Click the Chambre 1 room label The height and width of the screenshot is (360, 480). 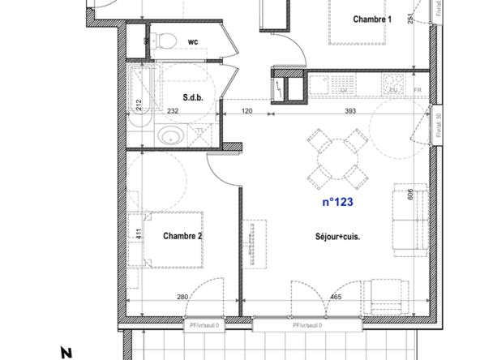pyautogui.click(x=372, y=19)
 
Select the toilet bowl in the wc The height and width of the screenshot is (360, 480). pyautogui.click(x=165, y=41)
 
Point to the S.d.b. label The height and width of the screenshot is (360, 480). pyautogui.click(x=192, y=99)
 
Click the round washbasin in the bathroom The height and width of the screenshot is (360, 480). pyautogui.click(x=169, y=135)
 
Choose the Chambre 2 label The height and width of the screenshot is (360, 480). pyautogui.click(x=182, y=236)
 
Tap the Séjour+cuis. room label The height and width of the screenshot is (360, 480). pyautogui.click(x=337, y=237)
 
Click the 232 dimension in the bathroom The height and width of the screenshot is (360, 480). pyautogui.click(x=172, y=111)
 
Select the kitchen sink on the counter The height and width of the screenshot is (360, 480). pyautogui.click(x=319, y=83)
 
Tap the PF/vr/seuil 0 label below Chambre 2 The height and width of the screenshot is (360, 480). pyautogui.click(x=204, y=325)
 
